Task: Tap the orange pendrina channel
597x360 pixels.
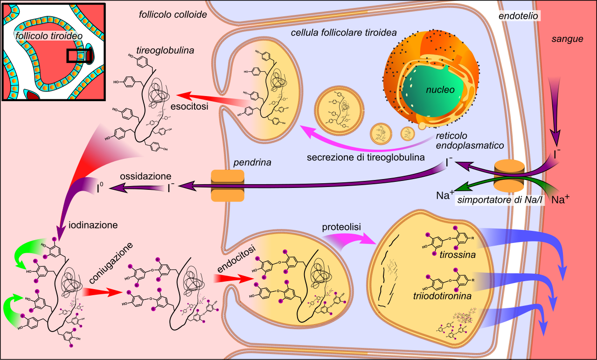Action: (228, 186)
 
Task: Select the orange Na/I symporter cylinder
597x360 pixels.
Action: (509, 176)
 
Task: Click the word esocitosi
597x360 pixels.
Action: (189, 106)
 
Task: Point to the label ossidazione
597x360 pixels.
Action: (146, 176)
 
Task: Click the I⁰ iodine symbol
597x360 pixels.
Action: (100, 187)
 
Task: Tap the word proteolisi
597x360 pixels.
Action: (341, 227)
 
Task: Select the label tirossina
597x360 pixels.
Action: (458, 255)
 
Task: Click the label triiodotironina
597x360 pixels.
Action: (442, 296)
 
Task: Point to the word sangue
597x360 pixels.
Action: (567, 39)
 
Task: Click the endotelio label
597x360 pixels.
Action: (518, 16)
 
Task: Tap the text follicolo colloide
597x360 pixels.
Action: (173, 14)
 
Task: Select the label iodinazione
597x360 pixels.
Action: (93, 225)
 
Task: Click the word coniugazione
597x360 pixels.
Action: (111, 263)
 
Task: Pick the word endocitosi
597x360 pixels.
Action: (236, 259)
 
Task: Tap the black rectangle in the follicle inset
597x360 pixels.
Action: (78, 56)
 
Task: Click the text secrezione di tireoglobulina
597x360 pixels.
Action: (366, 157)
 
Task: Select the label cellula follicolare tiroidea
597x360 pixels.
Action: (344, 33)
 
